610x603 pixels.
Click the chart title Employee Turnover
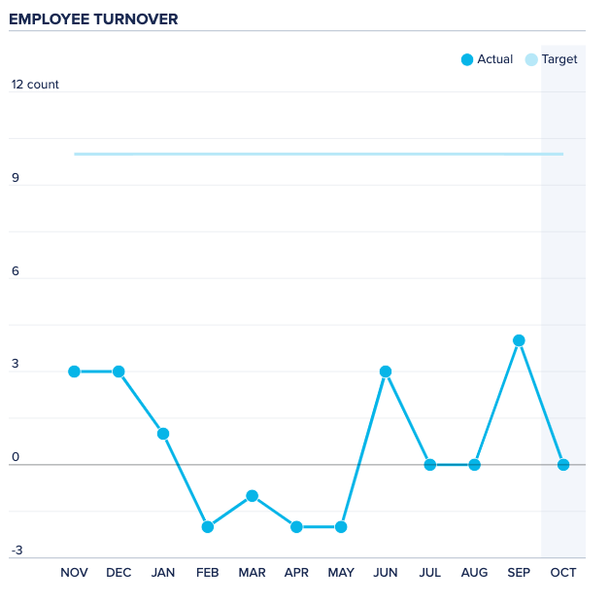point(93,18)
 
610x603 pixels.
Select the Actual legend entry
point(487,59)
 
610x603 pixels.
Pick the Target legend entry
point(551,59)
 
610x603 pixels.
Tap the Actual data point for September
point(519,340)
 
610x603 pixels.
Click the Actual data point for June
point(386,372)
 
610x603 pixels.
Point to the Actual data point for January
point(163,434)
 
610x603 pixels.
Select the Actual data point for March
point(252,496)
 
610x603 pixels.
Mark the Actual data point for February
point(208,527)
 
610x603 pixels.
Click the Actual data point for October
point(563,465)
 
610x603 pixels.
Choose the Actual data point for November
point(75,372)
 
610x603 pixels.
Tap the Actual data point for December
point(119,372)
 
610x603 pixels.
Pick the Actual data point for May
point(341,527)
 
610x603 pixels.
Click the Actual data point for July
point(430,465)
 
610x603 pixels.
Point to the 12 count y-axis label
point(35,85)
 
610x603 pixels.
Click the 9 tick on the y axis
point(16,179)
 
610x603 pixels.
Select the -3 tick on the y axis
point(17,551)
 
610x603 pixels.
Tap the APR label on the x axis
point(296,573)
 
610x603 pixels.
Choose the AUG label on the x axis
point(474,573)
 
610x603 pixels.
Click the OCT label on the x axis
point(563,573)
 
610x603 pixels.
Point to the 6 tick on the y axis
point(16,272)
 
